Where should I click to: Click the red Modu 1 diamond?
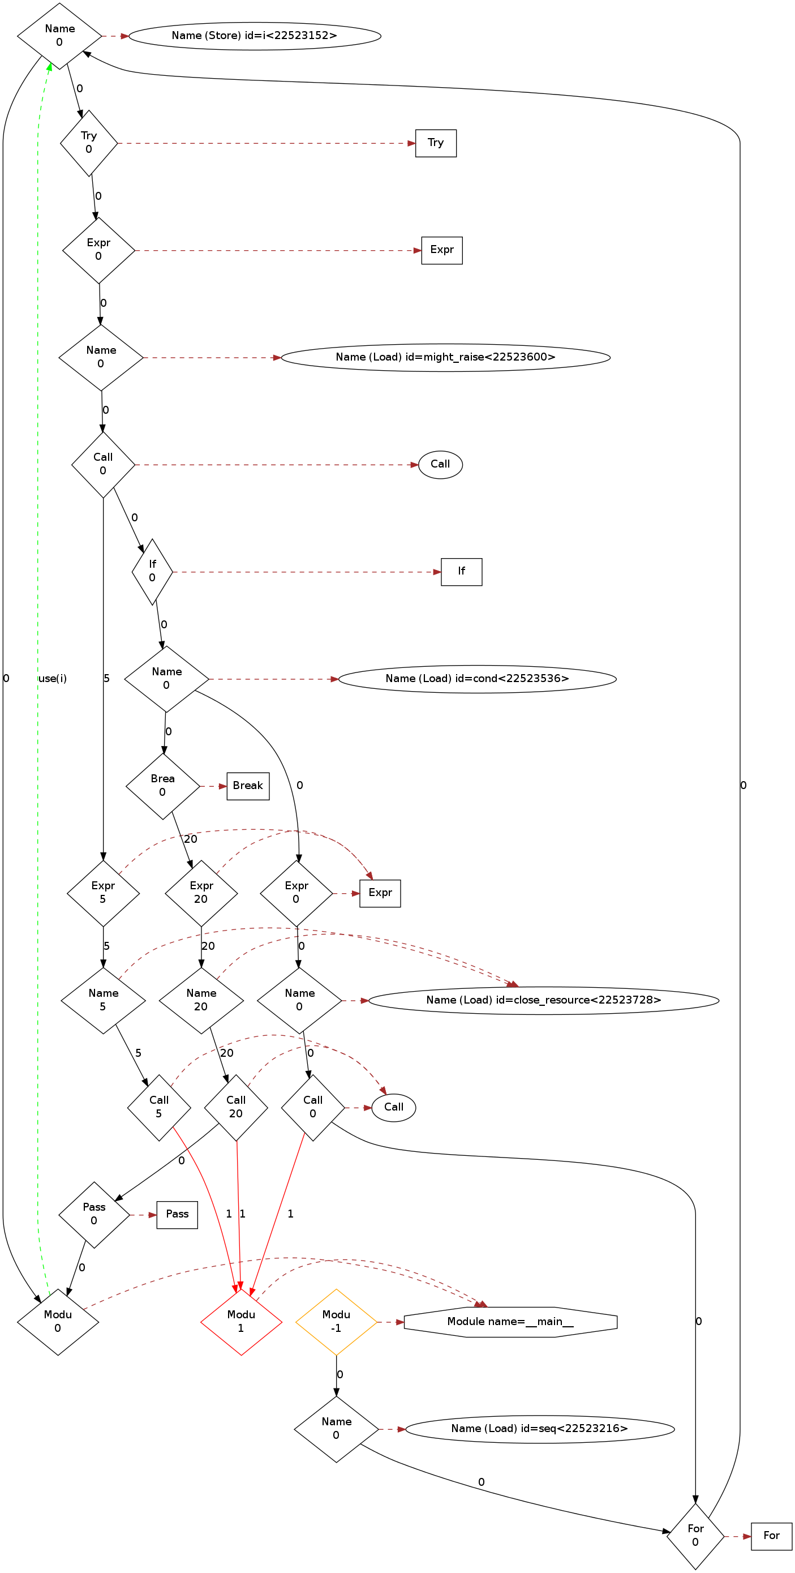241,1322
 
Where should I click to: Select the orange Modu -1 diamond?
336,1322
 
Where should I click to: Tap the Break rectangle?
248,786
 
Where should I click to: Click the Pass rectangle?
177,1215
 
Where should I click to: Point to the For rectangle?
771,1536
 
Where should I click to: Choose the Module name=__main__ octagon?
510,1322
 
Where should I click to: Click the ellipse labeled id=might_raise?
445,357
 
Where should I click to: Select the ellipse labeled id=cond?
477,679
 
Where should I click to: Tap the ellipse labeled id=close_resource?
543,1000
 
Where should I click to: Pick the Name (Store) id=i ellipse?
255,36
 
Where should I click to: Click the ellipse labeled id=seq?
539,1429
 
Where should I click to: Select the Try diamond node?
88,143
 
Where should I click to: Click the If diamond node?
152,572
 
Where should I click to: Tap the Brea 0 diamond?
162,786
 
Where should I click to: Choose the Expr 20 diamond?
201,893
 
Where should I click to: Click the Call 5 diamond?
159,1107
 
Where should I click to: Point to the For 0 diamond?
695,1536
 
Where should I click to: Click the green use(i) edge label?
53,679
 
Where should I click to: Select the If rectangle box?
461,572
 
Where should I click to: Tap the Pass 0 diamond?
94,1215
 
